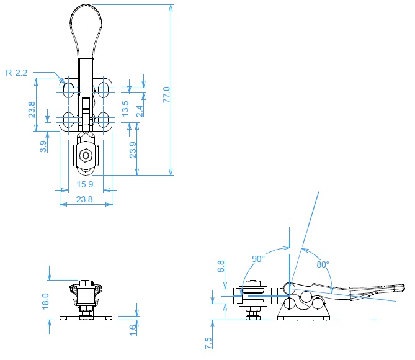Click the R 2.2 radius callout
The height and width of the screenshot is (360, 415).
click(x=16, y=73)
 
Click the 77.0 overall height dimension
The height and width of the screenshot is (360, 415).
click(x=167, y=94)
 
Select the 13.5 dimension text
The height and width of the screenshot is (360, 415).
click(x=125, y=109)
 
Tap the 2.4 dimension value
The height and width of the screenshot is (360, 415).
click(x=139, y=111)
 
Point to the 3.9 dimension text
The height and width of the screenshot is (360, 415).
click(x=43, y=146)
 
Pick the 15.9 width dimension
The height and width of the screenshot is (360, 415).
click(x=85, y=184)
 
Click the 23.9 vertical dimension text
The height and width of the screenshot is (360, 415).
click(x=133, y=150)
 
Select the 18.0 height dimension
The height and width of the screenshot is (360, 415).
click(x=45, y=301)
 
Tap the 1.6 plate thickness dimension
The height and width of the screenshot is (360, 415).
click(x=133, y=330)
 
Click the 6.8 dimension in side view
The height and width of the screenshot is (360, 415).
click(x=221, y=266)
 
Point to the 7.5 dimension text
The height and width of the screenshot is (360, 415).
click(x=208, y=343)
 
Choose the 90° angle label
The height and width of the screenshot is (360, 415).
click(x=258, y=259)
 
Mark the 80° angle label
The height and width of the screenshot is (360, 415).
click(x=323, y=264)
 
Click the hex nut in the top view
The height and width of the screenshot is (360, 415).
click(x=86, y=155)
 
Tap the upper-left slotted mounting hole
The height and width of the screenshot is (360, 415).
click(x=69, y=90)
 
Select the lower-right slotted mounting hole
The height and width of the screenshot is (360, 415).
click(x=103, y=119)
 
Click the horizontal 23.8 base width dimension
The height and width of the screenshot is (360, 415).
click(x=84, y=199)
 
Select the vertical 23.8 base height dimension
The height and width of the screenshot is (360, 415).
click(x=32, y=110)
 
